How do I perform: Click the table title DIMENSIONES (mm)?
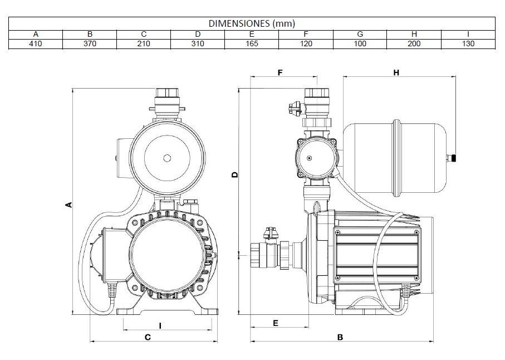pos(252,23)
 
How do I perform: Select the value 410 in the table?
pos(35,43)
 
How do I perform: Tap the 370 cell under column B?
pos(90,43)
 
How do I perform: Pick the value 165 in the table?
pos(252,43)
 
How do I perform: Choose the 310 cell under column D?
pos(198,43)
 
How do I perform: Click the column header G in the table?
pos(360,34)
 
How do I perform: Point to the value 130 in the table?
pos(468,43)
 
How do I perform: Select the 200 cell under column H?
pos(414,43)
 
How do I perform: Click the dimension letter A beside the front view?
pos(68,205)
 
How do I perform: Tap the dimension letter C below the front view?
pos(148,337)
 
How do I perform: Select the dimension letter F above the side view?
pos(280,72)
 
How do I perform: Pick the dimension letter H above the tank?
pos(396,72)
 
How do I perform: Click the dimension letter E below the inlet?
pos(275,323)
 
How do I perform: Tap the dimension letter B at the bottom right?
pos(340,337)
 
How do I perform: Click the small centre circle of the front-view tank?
pos(167,158)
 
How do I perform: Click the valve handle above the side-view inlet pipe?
pos(271,231)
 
